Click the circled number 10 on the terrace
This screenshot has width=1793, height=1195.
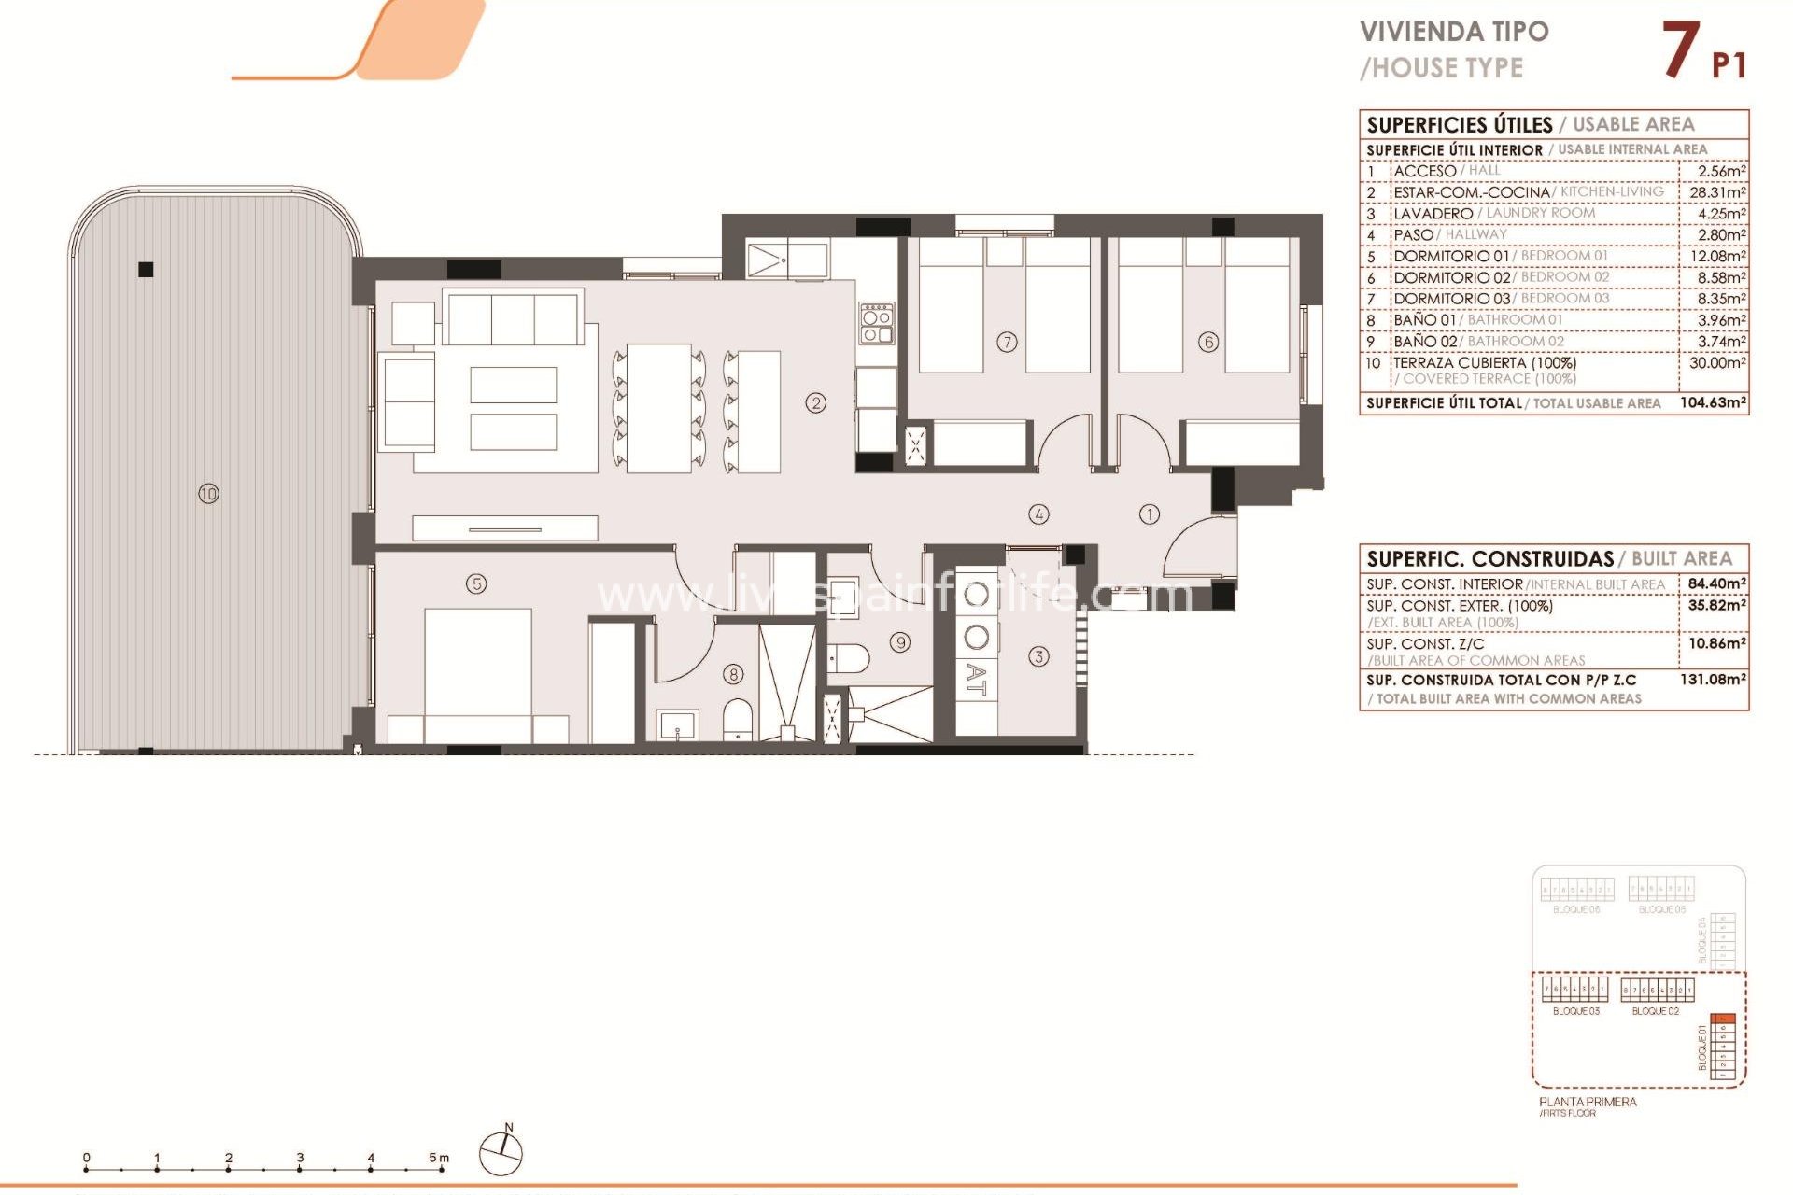[x=208, y=493]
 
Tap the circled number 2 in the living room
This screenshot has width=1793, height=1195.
[x=816, y=403]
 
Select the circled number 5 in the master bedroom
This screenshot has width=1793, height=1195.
[x=476, y=584]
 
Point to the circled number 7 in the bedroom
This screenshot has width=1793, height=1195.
[x=1007, y=342]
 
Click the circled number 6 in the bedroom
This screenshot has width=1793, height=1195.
[x=1208, y=342]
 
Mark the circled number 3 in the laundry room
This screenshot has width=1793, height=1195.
[x=1038, y=656]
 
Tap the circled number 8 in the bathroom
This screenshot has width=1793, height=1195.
[x=734, y=674]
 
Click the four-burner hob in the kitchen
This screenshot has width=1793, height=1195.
[x=877, y=323]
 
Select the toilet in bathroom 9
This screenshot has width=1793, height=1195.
[x=848, y=658]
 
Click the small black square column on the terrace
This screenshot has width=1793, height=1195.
[x=146, y=270]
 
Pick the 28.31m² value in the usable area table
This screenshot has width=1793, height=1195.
[x=1716, y=192]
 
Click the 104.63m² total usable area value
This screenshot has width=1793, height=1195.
[x=1713, y=403]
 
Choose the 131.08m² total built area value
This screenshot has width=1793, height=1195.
[x=1713, y=680]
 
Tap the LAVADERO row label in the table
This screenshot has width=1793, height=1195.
[x=1433, y=214]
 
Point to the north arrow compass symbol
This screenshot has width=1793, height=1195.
[x=501, y=1152]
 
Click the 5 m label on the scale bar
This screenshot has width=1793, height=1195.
[x=438, y=1158]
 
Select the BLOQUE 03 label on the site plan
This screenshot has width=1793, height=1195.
[x=1575, y=1011]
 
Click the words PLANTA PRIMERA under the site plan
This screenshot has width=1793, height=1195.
[x=1588, y=1102]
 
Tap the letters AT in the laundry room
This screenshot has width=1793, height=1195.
[x=976, y=680]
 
